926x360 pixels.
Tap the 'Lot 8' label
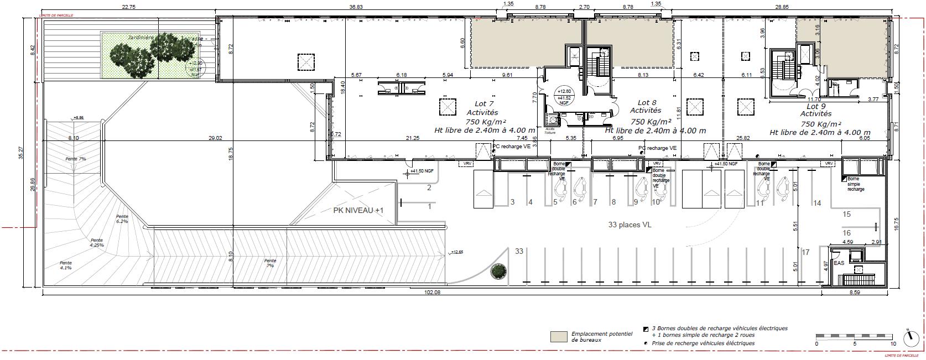point(647,103)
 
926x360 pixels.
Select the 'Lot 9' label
point(816,106)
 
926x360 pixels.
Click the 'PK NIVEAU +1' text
point(358,211)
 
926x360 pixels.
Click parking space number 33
point(519,251)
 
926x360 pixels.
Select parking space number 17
point(805,253)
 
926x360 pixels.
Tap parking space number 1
point(429,207)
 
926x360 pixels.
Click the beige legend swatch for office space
point(559,336)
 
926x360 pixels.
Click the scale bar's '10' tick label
point(893,343)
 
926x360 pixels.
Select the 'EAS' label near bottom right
point(839,263)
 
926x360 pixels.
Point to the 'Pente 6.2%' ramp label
point(122,218)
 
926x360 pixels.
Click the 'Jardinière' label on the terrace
point(140,38)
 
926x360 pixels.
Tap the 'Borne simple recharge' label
point(855,184)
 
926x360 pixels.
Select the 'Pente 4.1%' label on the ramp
point(66,265)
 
